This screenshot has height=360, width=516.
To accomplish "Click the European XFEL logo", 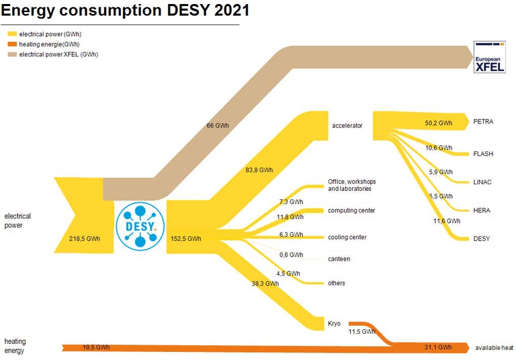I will point(489,56).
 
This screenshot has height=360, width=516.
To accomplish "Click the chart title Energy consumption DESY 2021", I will point(127,11).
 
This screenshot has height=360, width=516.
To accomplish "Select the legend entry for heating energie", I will point(46,44).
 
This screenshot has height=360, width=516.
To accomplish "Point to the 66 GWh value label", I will point(218,126).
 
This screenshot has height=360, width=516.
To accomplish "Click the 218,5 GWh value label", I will point(85,238).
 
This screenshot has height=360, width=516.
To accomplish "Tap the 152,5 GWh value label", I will point(185,238).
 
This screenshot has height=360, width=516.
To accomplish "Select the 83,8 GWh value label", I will point(259,170).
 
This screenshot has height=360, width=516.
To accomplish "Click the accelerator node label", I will point(347,126).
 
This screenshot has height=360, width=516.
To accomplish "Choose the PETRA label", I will point(483,122).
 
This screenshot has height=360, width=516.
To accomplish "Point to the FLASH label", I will point(483,154).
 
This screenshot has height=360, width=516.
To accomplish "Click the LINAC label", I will point(482,182).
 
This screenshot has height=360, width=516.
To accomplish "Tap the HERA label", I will point(482,210).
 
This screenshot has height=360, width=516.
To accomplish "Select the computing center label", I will point(351,210).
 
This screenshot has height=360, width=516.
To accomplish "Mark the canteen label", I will point(339,259).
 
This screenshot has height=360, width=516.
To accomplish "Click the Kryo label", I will point(334,324).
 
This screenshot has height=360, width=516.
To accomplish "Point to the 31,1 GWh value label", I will point(437,347).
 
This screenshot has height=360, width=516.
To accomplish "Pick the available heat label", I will point(494,347).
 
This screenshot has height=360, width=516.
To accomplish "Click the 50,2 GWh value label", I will point(438,124).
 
